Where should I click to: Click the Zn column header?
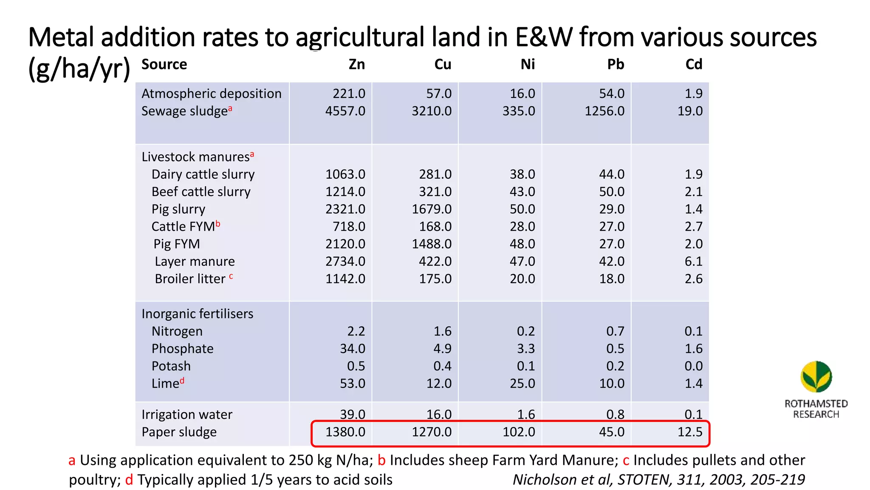(x=356, y=64)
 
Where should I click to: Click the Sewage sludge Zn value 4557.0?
(x=345, y=111)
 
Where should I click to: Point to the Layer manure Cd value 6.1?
(x=693, y=262)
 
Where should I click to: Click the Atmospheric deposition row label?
(x=211, y=94)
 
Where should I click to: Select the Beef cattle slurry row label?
(x=201, y=192)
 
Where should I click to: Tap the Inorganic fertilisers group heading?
(x=197, y=314)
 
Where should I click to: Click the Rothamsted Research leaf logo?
(x=816, y=377)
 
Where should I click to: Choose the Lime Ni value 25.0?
(x=522, y=384)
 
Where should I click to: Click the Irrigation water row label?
(x=186, y=415)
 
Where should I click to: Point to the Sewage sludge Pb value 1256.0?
(x=604, y=111)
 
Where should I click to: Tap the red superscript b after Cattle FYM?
(x=218, y=223)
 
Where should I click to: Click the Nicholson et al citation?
(x=658, y=480)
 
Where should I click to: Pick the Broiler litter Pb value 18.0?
(x=611, y=279)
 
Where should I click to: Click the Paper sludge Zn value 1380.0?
(x=345, y=432)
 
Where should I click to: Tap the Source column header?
(x=164, y=64)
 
